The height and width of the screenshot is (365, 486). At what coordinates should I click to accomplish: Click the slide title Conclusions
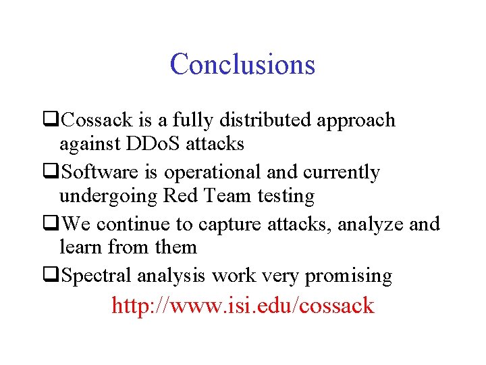point(242,64)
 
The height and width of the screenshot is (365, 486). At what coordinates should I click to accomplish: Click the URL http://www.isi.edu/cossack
point(242,306)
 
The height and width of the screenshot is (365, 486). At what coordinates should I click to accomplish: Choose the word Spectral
point(97,276)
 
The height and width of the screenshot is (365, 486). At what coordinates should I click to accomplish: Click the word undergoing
point(109,197)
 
